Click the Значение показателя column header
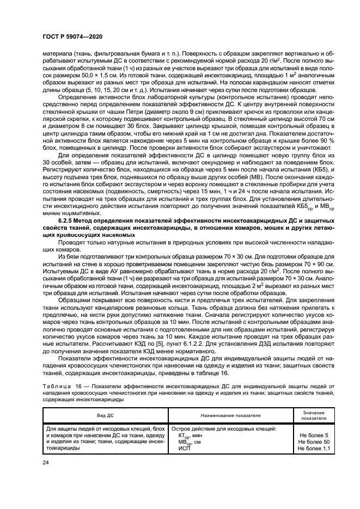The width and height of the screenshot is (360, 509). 318,415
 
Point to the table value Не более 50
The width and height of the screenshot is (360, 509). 318,442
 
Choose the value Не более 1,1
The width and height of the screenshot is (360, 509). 318,449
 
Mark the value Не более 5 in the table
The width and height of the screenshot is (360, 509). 318,436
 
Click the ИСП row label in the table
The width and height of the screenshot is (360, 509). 185,449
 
